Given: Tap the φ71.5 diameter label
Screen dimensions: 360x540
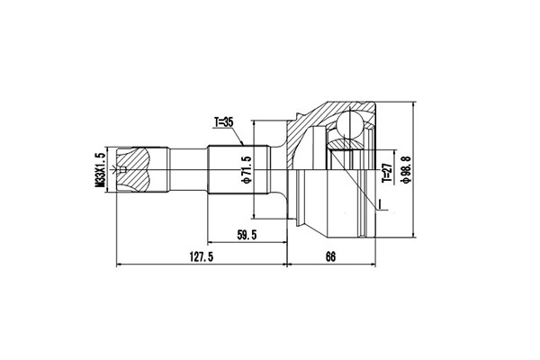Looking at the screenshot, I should tap(244, 169).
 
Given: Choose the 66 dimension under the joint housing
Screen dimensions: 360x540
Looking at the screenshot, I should tap(330, 257).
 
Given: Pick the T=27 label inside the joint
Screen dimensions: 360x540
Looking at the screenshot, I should tap(384, 170).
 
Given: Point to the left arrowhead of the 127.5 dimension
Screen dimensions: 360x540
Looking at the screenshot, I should tap(121, 265).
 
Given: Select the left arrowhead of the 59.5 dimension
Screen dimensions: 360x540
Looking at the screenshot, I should tap(211, 242).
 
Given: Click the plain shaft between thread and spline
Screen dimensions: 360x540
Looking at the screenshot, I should tap(189, 168).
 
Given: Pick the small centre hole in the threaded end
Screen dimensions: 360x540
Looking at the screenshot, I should tap(123, 168).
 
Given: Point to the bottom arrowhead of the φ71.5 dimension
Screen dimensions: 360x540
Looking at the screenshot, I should tap(255, 215).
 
